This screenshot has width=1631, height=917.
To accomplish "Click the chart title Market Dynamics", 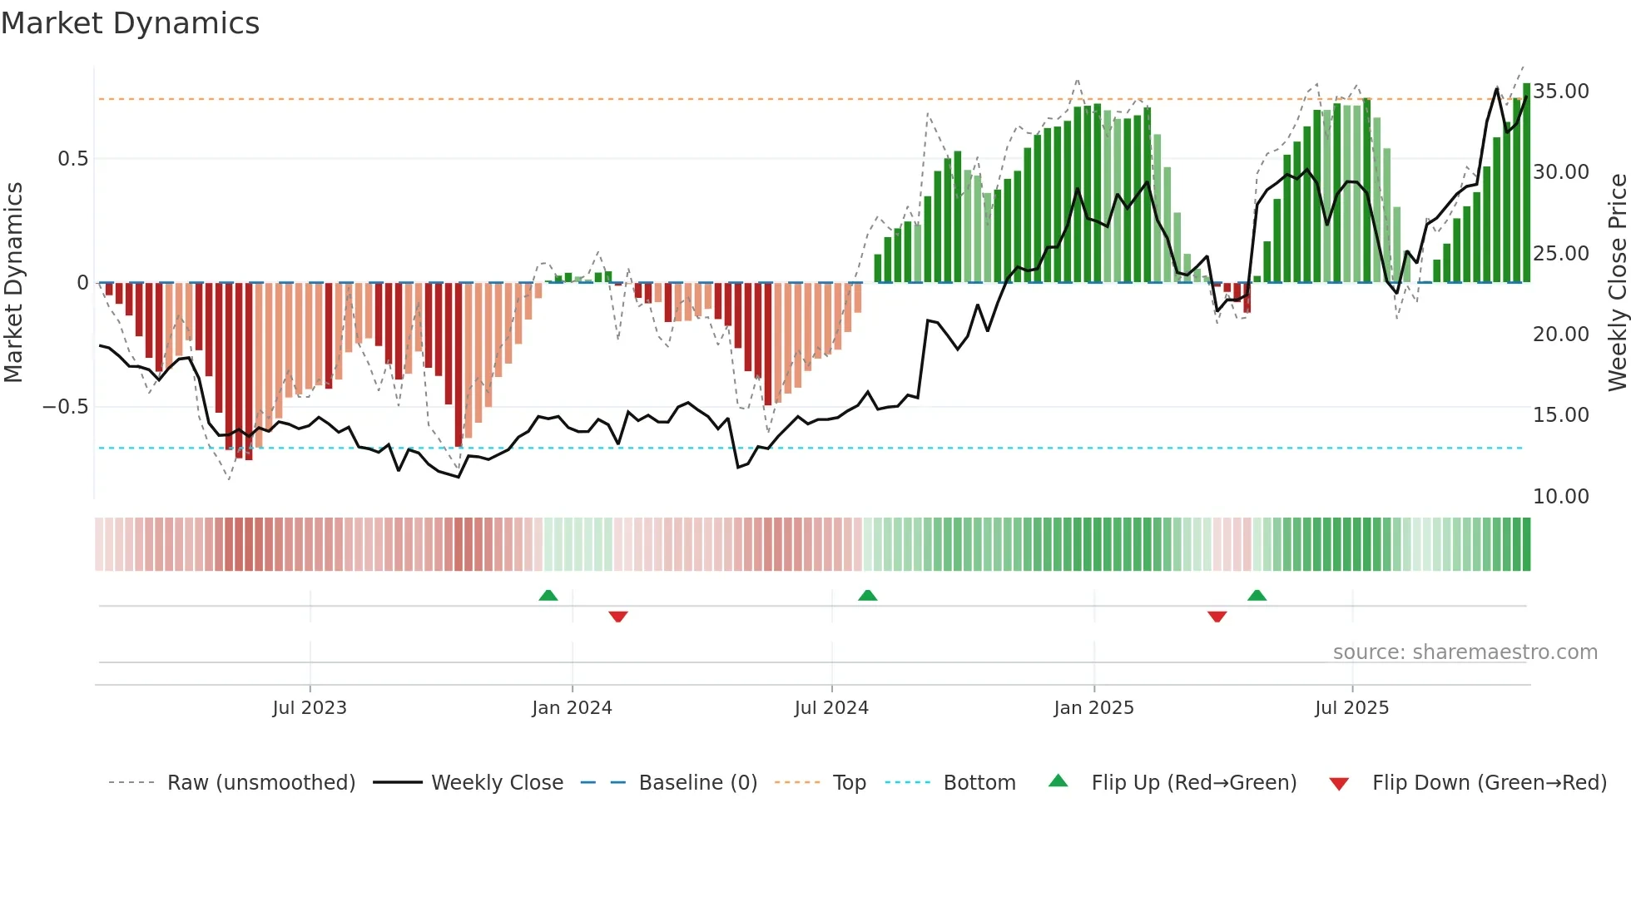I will [x=131, y=23].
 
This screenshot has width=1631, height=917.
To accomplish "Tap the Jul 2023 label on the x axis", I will [x=310, y=708].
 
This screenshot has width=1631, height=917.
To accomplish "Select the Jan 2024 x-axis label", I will [x=573, y=708].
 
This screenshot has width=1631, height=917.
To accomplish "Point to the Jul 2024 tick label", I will [x=831, y=708].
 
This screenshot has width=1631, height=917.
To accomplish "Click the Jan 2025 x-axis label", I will [x=1093, y=708].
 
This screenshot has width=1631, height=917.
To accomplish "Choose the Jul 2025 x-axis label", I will [x=1352, y=708].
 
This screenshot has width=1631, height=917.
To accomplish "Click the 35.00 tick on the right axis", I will [x=1561, y=92].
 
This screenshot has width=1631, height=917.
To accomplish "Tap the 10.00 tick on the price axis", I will [x=1561, y=497].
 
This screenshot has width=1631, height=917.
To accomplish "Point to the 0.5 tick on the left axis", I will [x=73, y=159].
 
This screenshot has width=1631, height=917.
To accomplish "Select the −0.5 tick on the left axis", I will [x=66, y=407].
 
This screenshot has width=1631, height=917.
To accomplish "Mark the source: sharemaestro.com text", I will [x=1465, y=652].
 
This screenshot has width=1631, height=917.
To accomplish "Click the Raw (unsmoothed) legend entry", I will [x=260, y=783].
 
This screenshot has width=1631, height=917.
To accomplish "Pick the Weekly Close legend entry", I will [x=497, y=783].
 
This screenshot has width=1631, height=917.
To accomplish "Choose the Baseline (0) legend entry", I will [x=697, y=783].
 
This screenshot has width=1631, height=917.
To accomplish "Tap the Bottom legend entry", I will [x=979, y=783].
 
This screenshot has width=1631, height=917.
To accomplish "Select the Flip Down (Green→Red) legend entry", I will [x=1489, y=783].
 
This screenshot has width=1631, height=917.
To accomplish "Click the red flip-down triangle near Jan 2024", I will [x=618, y=617].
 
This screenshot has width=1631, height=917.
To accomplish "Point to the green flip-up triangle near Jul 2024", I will [x=868, y=595].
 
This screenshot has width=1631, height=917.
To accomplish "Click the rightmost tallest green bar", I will [x=1527, y=183].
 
